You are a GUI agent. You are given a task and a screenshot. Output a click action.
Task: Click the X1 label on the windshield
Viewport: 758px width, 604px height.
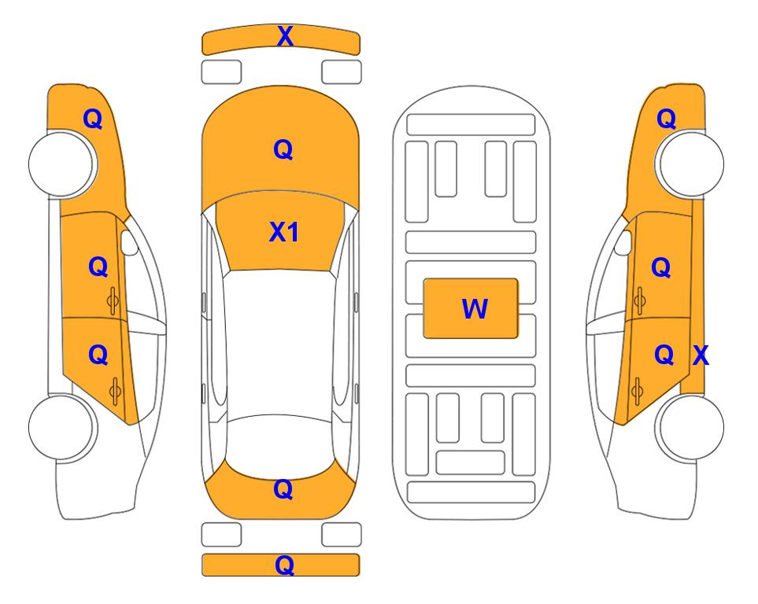pyautogui.click(x=284, y=232)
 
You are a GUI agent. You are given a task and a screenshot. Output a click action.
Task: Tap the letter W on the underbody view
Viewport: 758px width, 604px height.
pyautogui.click(x=475, y=308)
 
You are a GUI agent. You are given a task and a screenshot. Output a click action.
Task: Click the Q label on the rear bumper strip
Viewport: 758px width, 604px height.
pyautogui.click(x=284, y=565)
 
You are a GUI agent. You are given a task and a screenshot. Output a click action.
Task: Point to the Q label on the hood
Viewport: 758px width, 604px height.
pyautogui.click(x=283, y=149)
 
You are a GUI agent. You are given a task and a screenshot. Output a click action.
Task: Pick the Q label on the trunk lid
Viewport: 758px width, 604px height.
pyautogui.click(x=283, y=489)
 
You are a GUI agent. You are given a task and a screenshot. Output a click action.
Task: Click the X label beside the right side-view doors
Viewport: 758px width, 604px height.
pyautogui.click(x=701, y=355)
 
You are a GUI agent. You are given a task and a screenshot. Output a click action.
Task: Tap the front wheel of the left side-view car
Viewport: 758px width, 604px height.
pyautogui.click(x=61, y=164)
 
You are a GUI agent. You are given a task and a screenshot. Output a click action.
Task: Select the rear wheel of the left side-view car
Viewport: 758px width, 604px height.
pyautogui.click(x=61, y=427)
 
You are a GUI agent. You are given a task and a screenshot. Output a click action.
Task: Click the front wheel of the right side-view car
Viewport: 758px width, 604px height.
pyautogui.click(x=690, y=164)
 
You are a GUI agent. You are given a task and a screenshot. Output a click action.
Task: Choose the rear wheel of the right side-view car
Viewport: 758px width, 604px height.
pyautogui.click(x=690, y=427)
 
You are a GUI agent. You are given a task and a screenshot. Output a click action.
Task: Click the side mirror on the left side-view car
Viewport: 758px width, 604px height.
pyautogui.click(x=128, y=242)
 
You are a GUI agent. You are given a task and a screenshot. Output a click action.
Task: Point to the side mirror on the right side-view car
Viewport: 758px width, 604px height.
pyautogui.click(x=623, y=242)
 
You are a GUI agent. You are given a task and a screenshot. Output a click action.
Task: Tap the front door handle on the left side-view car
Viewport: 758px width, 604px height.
pyautogui.click(x=113, y=300)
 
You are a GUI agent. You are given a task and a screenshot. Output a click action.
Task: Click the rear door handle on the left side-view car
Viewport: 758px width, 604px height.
pyautogui.click(x=115, y=391)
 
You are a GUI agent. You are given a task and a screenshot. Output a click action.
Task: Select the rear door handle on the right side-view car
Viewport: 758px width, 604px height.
pyautogui.click(x=637, y=391)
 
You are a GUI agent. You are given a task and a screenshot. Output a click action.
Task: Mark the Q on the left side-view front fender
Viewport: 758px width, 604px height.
pyautogui.click(x=93, y=119)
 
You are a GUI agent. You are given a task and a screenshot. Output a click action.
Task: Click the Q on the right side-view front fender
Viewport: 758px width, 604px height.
pyautogui.click(x=666, y=119)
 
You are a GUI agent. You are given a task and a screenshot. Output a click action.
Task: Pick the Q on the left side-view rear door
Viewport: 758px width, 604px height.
pyautogui.click(x=98, y=355)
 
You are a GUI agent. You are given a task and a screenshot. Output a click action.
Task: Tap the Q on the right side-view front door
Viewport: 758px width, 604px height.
pyautogui.click(x=661, y=267)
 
